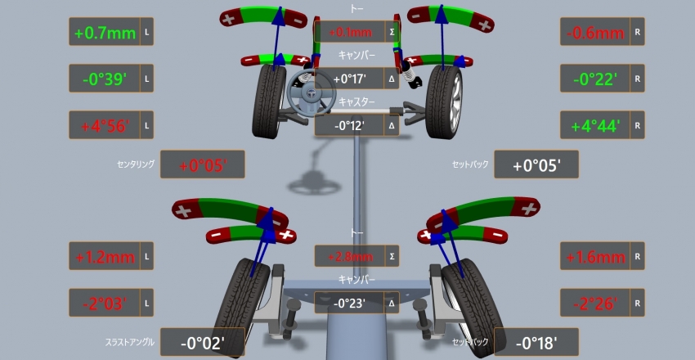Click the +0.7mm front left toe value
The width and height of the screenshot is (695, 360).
(x=105, y=33)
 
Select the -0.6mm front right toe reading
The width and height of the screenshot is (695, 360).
(x=595, y=33)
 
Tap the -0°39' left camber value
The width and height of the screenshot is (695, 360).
(x=105, y=79)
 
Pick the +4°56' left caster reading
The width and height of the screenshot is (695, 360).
(x=105, y=126)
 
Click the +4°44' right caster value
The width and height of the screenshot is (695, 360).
(x=595, y=126)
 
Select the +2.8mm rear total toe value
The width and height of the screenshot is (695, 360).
(x=350, y=257)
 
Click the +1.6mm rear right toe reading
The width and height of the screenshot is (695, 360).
(x=595, y=257)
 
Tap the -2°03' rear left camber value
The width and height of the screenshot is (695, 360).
(x=105, y=304)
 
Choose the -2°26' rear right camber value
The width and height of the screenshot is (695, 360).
(x=595, y=304)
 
